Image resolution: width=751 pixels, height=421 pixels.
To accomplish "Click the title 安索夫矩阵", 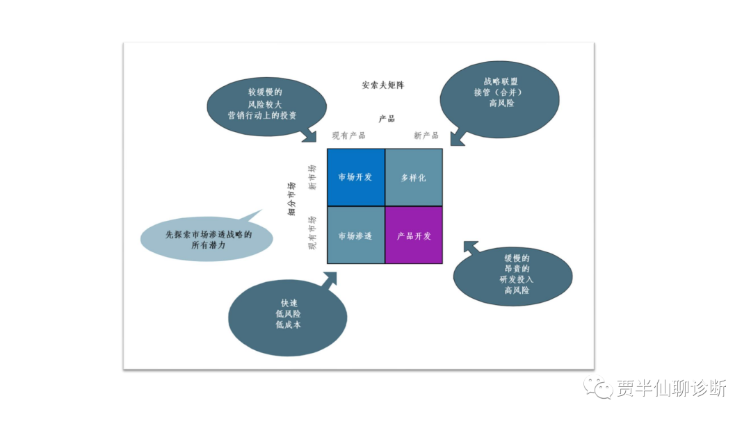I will (x=382, y=85).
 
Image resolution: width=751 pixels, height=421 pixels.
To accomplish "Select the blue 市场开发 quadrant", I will (x=355, y=177).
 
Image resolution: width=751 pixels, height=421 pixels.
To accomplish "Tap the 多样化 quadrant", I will (x=414, y=177).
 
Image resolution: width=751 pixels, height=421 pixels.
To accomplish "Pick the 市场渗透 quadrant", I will (x=355, y=236).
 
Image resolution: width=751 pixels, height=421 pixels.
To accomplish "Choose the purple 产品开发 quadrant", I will (x=414, y=236).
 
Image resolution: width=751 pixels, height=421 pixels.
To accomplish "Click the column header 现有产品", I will (x=348, y=135).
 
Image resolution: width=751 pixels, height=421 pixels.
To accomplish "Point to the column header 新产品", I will (x=426, y=135).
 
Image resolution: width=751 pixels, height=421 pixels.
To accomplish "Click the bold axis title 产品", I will (x=387, y=119).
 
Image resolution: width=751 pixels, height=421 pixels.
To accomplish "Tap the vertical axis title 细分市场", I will (x=292, y=199).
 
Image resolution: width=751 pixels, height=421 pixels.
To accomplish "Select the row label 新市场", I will (x=312, y=177).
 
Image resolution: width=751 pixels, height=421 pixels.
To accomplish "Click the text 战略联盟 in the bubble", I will (x=501, y=81).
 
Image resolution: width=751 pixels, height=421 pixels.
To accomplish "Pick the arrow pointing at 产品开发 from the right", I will (x=472, y=247).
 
